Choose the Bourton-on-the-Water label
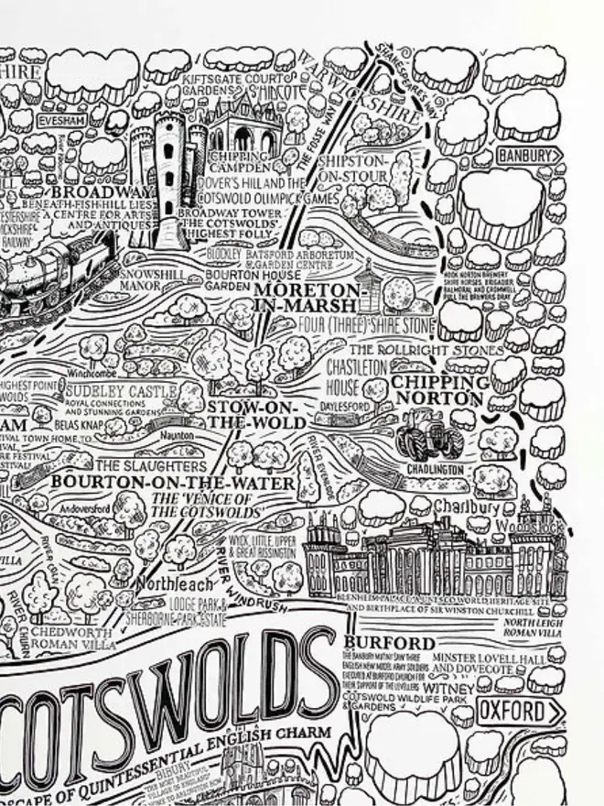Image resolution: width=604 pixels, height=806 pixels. point(173,483)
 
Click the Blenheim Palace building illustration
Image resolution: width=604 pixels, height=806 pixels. point(439,559)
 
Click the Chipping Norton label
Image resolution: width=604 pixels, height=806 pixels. point(437,390)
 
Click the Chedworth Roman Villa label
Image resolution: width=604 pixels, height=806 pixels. point(69,637)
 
